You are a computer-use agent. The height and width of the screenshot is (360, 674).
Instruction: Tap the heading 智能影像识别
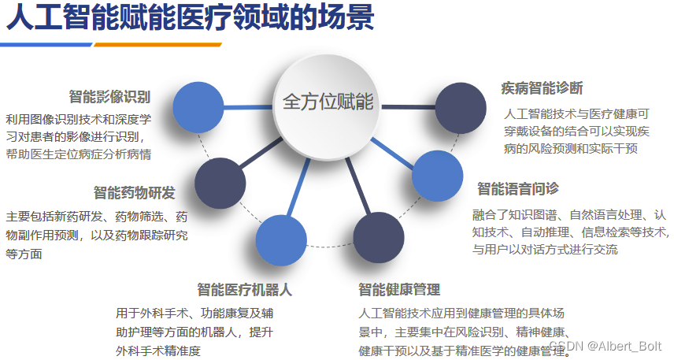click(x=109, y=97)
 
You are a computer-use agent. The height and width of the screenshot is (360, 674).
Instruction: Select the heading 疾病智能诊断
click(x=542, y=87)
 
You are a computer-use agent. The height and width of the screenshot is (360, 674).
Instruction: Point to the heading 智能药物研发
click(x=134, y=193)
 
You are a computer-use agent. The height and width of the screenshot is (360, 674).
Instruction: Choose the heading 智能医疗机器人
click(x=244, y=290)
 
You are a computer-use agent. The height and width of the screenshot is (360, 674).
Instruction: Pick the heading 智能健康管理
click(x=398, y=290)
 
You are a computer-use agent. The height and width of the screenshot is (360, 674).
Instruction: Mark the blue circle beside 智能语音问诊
click(x=438, y=176)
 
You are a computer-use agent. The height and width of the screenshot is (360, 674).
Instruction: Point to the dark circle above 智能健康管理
click(x=379, y=238)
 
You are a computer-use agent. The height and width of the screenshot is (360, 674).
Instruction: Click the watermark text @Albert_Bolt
click(x=626, y=347)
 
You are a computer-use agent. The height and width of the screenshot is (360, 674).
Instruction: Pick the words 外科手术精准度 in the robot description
click(x=158, y=351)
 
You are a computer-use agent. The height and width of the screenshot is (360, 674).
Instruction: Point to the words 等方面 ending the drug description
click(x=24, y=254)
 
